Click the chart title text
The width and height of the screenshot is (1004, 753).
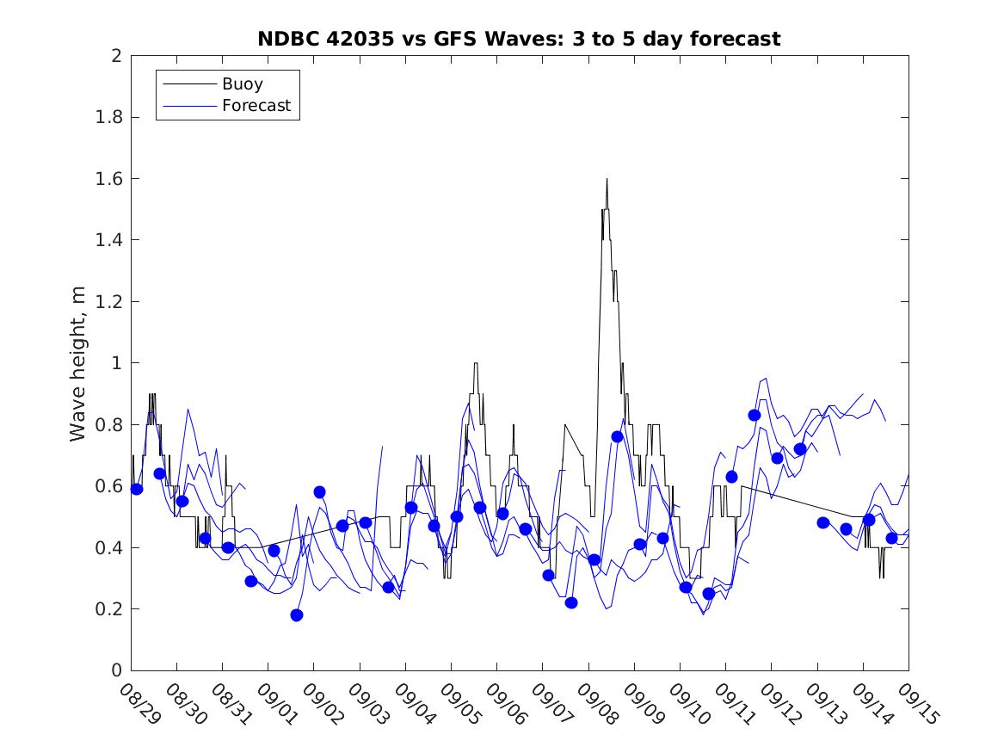[519, 39]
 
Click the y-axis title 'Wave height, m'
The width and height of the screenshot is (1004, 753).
[78, 363]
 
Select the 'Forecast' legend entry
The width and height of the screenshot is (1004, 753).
[256, 106]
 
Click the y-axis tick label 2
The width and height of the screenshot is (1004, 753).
[115, 56]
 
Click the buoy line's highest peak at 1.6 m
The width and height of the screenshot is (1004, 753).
[607, 179]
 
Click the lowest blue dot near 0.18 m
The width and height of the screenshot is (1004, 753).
[297, 614]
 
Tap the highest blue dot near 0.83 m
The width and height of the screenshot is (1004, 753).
[755, 415]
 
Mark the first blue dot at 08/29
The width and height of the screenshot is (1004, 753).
[137, 489]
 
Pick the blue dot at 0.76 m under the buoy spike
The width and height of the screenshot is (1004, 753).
[617, 436]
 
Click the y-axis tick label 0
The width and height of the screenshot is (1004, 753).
[115, 670]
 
